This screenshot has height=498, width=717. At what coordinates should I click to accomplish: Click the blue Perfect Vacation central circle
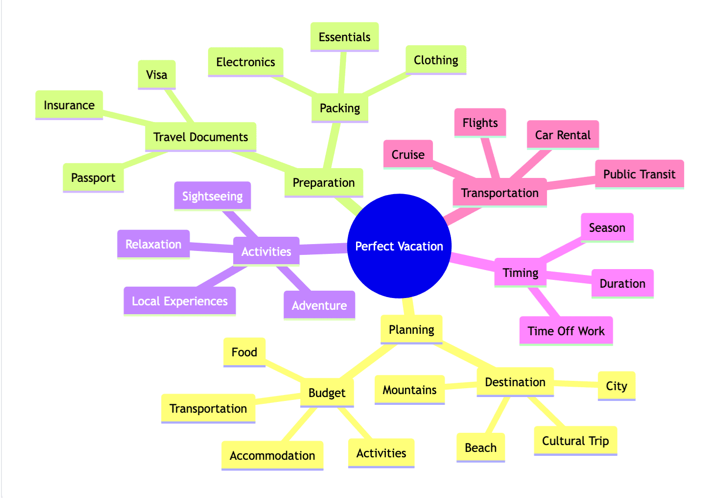(x=399, y=246)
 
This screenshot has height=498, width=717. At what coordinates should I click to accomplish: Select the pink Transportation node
(x=500, y=193)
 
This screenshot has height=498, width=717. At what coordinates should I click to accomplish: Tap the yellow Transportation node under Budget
(x=208, y=409)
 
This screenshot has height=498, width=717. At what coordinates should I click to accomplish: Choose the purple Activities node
(x=266, y=251)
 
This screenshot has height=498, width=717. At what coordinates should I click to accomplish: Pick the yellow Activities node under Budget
(x=381, y=453)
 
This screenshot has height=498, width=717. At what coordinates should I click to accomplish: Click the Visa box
(x=157, y=75)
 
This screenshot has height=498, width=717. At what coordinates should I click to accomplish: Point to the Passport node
(x=93, y=178)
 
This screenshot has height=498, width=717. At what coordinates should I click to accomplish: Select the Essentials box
(x=344, y=37)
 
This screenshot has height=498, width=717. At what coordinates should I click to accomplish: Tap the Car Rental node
(x=563, y=135)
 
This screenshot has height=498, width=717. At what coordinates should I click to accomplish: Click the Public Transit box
(x=639, y=174)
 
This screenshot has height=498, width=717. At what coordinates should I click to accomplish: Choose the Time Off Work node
(x=566, y=331)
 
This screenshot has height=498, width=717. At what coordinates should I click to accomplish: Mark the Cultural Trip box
(x=575, y=441)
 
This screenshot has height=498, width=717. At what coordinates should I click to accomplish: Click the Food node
(x=244, y=352)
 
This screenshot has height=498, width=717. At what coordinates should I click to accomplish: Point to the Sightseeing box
(x=212, y=196)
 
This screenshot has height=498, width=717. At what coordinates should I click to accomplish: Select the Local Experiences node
(x=180, y=301)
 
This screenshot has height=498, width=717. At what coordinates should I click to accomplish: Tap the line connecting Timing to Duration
(x=569, y=277)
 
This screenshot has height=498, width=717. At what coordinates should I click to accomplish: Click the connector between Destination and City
(x=576, y=384)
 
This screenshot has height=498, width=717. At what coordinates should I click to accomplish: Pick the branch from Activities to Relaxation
(x=212, y=248)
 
